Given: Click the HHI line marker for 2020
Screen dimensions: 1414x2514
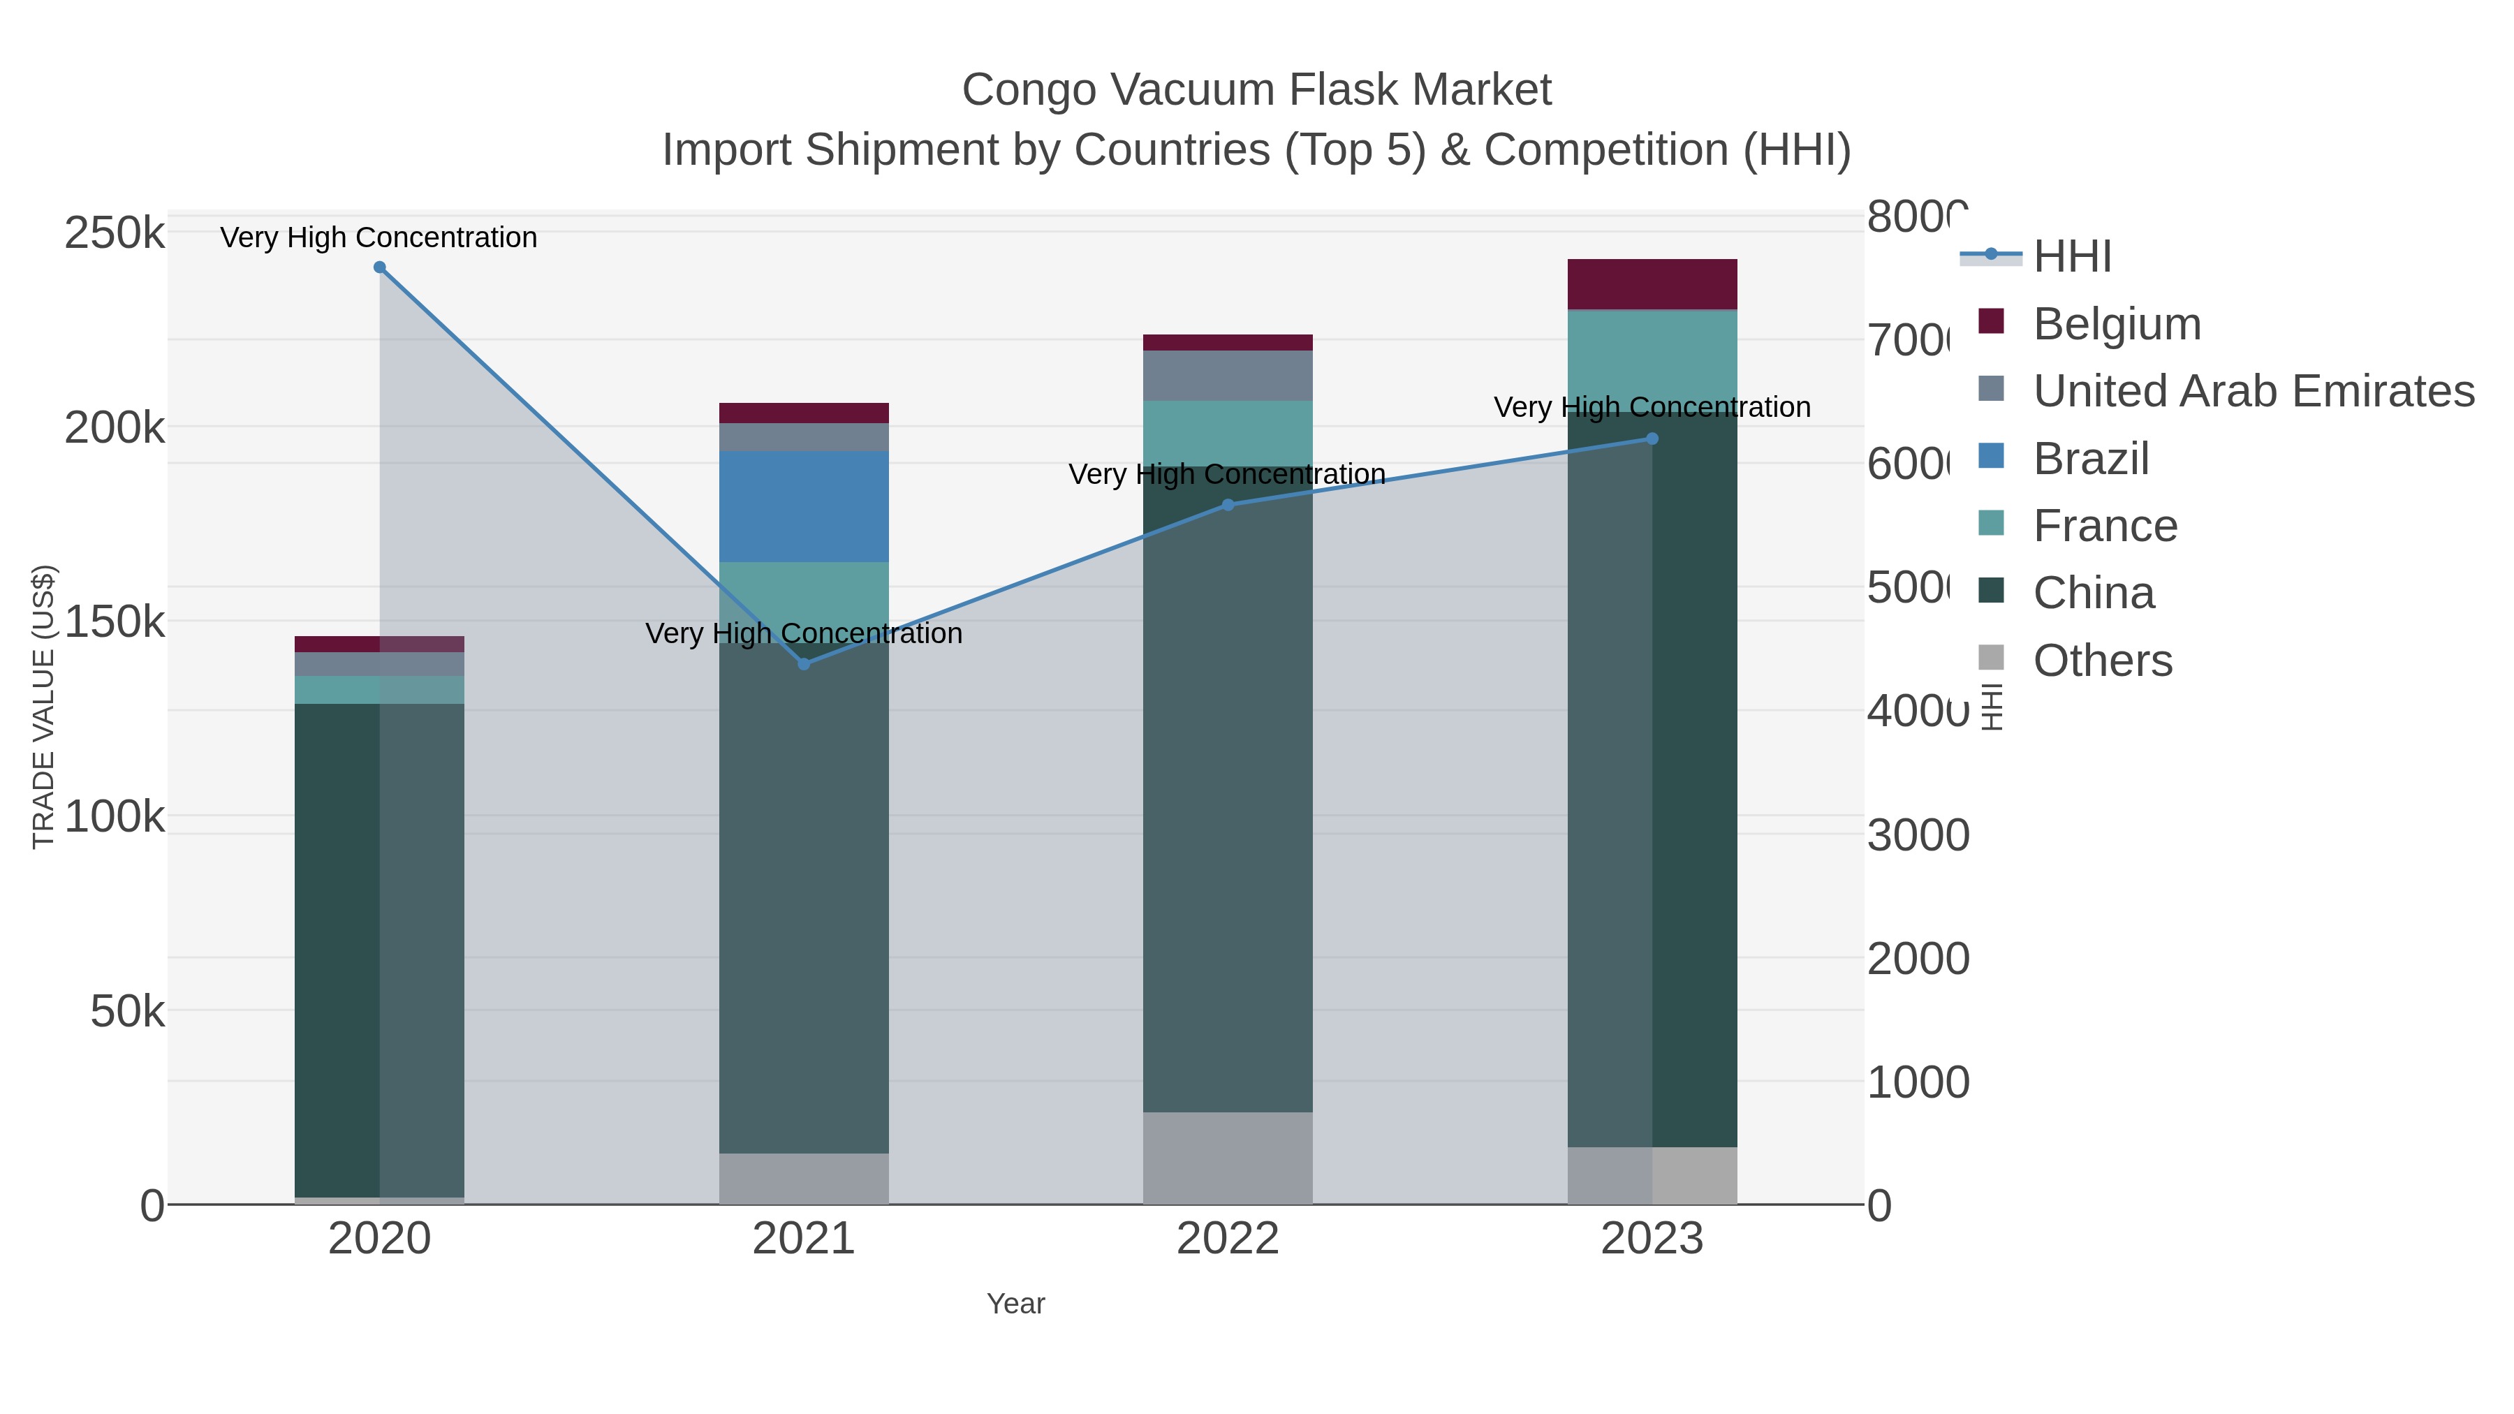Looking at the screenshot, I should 380,267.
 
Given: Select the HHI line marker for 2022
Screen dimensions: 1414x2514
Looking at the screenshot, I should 1228,505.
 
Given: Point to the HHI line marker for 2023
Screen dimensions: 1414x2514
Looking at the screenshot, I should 1652,439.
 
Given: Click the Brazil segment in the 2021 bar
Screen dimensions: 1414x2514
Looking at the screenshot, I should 804,506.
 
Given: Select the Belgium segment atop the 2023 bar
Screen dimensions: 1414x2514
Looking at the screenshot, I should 1652,284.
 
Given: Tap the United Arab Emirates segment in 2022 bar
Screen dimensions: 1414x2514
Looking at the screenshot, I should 1228,376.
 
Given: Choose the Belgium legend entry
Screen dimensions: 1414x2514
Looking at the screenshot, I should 2116,324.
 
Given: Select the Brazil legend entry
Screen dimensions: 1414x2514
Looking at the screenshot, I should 2090,459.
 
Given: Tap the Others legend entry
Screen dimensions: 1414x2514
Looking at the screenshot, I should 2102,661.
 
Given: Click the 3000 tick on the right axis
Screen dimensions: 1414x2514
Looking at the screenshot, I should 1917,835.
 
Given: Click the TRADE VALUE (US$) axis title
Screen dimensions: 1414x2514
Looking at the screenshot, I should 44,707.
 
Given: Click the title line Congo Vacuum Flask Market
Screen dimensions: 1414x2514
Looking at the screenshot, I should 1256,90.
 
